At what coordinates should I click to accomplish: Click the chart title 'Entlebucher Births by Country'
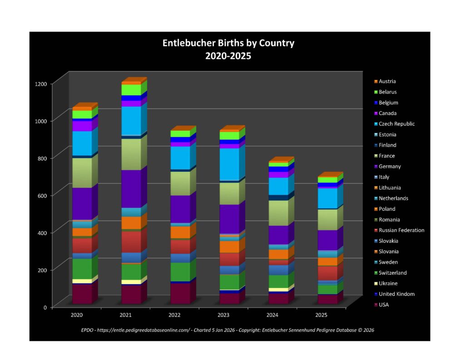(228, 44)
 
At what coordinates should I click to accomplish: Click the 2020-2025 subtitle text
(228, 56)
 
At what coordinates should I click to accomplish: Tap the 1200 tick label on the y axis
(41, 84)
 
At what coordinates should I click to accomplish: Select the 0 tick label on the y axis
(45, 307)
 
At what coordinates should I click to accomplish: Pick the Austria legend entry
(387, 81)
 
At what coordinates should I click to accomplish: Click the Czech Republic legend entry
(396, 124)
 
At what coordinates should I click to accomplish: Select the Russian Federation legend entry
(401, 230)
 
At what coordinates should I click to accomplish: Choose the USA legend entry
(384, 305)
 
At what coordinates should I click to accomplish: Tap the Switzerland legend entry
(392, 273)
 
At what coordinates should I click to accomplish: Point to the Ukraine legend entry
(388, 284)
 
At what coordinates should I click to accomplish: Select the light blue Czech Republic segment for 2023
(229, 164)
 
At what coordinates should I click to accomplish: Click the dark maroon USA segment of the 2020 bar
(82, 294)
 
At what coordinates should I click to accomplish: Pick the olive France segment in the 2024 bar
(278, 213)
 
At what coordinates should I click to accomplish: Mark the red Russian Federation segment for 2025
(327, 273)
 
